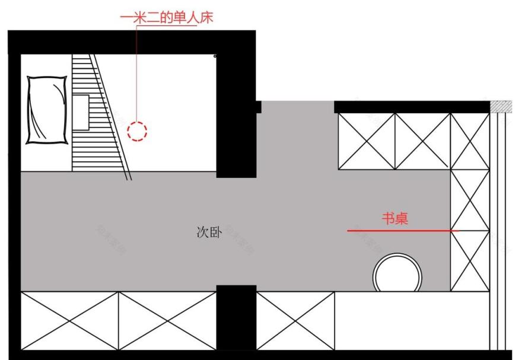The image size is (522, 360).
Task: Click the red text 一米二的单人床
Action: (167, 18)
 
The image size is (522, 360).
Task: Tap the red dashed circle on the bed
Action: (138, 130)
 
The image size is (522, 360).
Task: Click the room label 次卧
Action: (209, 233)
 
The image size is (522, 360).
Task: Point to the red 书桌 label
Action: (394, 219)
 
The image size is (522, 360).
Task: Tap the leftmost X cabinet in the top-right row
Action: (366, 141)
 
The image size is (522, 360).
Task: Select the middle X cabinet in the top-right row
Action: (422, 141)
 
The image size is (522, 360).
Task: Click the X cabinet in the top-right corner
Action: (470, 141)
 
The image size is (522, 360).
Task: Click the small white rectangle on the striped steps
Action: (81, 111)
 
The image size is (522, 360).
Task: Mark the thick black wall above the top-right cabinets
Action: (412, 107)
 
